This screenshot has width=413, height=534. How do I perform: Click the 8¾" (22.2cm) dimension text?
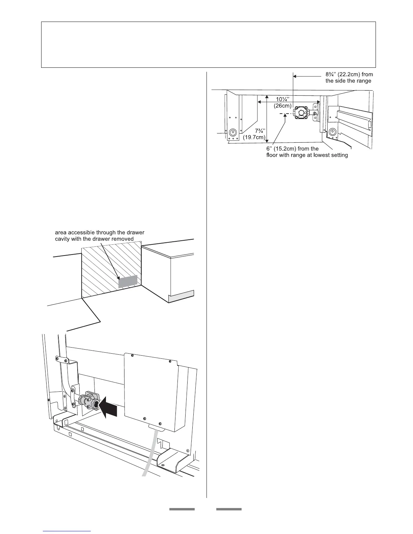click(349, 75)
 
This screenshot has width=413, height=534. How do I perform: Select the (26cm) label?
click(282, 105)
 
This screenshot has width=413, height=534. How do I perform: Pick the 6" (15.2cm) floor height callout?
click(292, 149)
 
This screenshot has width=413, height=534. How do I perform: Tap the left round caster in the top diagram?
click(232, 132)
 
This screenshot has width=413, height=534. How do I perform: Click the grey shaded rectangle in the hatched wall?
click(128, 281)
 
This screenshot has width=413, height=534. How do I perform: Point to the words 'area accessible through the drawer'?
click(100, 233)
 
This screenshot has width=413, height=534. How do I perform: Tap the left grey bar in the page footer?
click(182, 509)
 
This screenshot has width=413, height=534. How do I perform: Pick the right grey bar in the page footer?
click(229, 509)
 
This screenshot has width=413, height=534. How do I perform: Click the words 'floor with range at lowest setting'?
click(307, 155)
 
